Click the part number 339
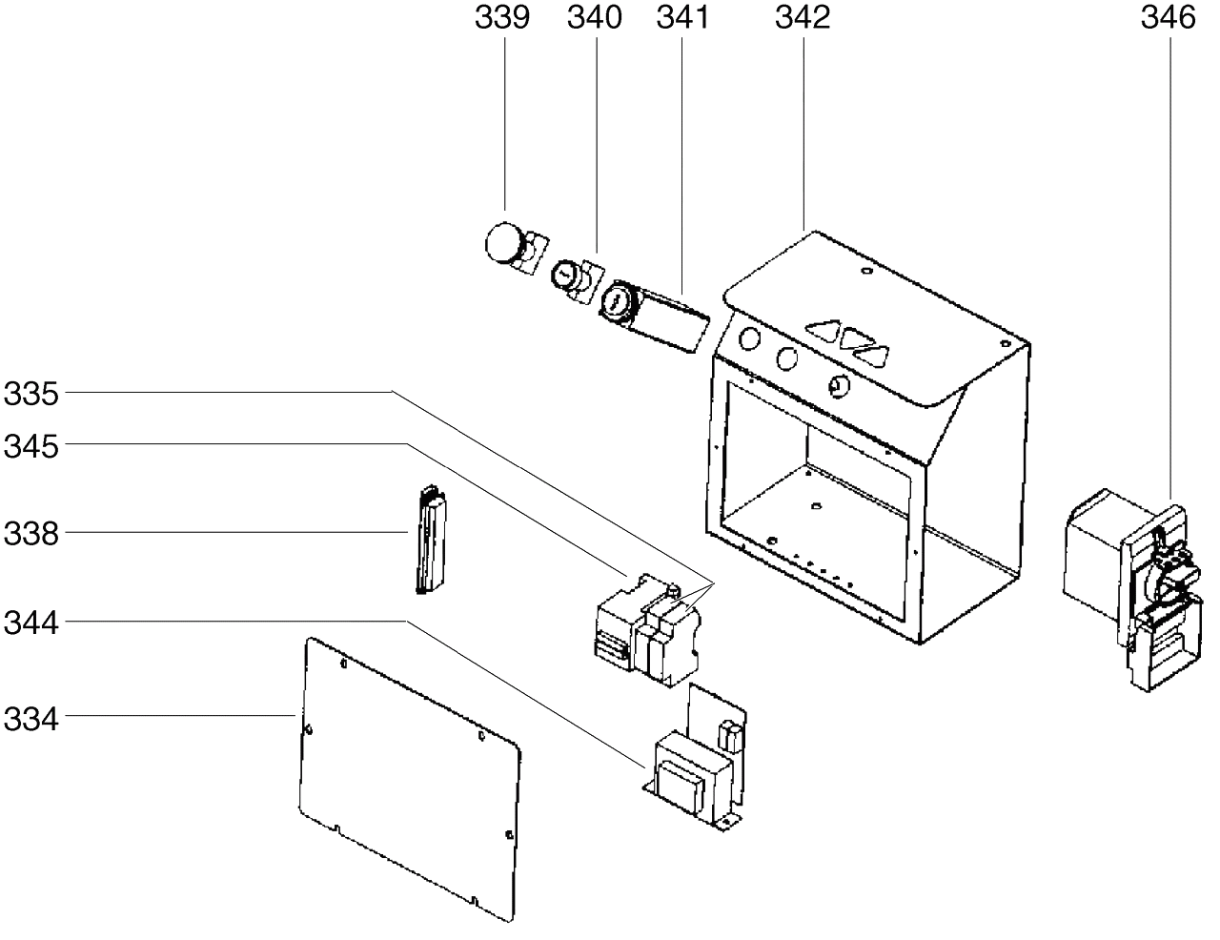[502, 18]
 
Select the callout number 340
[594, 18]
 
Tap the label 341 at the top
[682, 18]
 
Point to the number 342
[803, 18]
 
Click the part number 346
[1168, 18]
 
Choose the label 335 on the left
[30, 394]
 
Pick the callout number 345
[30, 447]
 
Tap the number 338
[30, 534]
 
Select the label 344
[30, 623]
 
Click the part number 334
[30, 720]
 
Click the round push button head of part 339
[503, 243]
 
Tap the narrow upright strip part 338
[431, 539]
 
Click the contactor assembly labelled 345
[648, 630]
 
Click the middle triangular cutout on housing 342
[857, 338]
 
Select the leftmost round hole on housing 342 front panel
[749, 339]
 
